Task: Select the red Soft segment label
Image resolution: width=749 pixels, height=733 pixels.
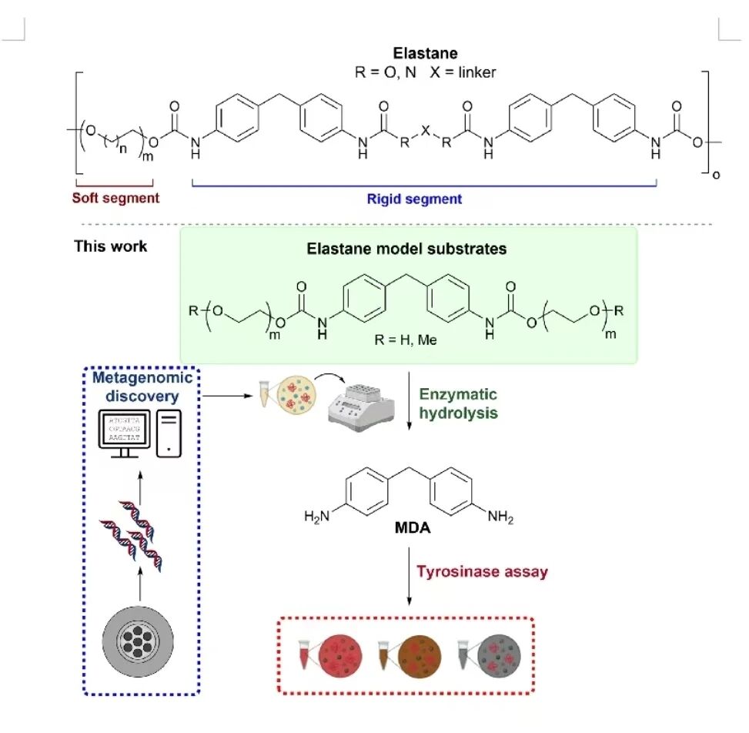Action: click(x=115, y=198)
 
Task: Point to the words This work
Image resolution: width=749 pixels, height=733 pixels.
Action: click(x=111, y=247)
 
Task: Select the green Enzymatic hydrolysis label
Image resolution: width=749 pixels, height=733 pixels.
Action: click(x=459, y=403)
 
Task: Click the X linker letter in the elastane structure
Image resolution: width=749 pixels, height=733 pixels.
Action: click(x=424, y=132)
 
